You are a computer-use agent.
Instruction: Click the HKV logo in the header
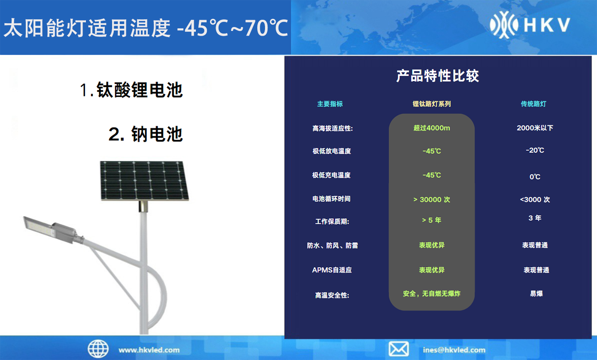click(530, 25)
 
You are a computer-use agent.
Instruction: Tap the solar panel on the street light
click(144, 180)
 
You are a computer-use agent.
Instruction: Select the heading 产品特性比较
click(438, 76)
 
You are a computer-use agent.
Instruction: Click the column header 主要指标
click(330, 104)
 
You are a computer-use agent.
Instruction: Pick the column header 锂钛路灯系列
click(432, 104)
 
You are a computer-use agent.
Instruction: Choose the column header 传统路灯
click(533, 104)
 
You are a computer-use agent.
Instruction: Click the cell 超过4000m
click(432, 128)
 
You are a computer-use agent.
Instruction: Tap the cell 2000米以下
click(535, 128)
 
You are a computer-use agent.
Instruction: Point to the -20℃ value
click(535, 150)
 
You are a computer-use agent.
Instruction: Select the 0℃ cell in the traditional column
click(535, 177)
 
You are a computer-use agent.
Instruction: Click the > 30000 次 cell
click(432, 199)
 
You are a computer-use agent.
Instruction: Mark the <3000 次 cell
click(535, 199)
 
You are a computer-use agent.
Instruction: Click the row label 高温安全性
click(332, 295)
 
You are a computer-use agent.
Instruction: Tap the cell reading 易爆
click(536, 293)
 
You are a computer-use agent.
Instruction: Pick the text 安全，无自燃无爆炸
click(432, 293)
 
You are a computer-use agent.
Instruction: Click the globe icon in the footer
click(98, 349)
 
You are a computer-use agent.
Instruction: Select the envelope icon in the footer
click(399, 349)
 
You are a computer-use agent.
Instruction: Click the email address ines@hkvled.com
click(454, 350)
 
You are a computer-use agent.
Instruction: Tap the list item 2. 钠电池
click(146, 134)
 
